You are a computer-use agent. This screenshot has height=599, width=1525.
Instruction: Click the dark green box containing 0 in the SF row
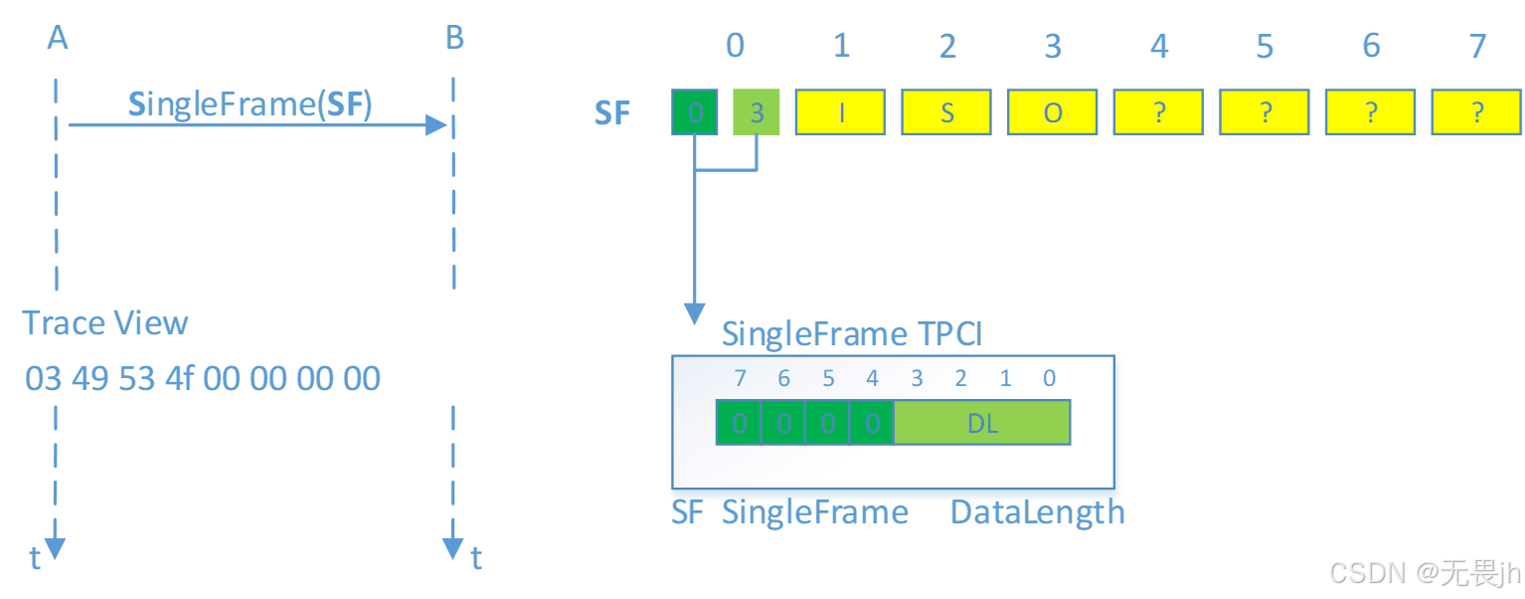[695, 112]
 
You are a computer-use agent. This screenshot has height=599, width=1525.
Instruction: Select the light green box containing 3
[757, 112]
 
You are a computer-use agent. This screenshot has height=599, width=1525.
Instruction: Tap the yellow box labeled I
[841, 112]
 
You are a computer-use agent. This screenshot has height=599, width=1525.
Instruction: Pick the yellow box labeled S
[946, 112]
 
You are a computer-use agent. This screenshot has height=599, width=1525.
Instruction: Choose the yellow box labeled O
[1053, 112]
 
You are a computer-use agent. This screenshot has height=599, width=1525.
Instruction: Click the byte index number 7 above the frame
[1477, 46]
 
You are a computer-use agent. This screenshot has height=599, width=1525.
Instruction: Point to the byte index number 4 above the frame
[1159, 46]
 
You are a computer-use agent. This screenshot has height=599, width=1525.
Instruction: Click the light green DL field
[982, 423]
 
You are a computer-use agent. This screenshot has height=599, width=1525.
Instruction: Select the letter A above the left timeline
[58, 38]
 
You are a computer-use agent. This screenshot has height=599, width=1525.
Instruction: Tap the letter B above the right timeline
[454, 38]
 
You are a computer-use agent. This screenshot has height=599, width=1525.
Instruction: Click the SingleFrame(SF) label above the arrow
[250, 104]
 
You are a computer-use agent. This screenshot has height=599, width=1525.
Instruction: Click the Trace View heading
[105, 323]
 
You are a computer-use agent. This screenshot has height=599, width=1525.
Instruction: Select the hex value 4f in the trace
[180, 378]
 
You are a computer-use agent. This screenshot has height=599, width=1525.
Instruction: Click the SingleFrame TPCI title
[852, 333]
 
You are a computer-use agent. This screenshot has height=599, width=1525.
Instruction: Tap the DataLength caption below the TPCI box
[1038, 512]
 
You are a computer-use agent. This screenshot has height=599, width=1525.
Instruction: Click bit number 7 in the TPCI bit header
[739, 378]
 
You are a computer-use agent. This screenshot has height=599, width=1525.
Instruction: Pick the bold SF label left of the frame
[612, 113]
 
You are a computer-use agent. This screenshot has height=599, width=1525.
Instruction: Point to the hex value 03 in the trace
[43, 378]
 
